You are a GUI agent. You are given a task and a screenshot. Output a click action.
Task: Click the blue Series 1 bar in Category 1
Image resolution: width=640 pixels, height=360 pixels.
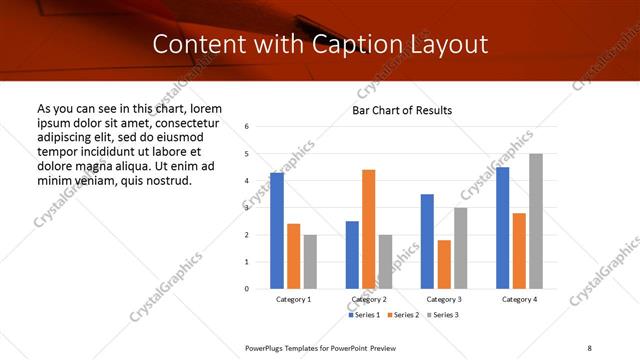[277, 231]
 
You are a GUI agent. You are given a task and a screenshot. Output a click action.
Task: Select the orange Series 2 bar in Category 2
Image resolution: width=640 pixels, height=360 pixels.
[368, 229]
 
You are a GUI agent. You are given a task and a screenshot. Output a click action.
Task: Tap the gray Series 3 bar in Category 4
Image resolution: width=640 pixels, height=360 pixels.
[536, 221]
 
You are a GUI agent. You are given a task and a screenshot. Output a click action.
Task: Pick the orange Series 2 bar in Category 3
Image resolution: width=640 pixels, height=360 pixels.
[444, 264]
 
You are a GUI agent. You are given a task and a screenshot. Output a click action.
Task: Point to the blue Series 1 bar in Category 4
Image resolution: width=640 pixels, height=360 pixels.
[502, 228]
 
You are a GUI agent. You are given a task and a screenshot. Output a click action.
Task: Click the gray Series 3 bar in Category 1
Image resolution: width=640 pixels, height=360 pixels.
[310, 262]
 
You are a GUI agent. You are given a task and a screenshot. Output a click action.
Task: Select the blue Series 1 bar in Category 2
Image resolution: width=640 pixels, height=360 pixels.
[352, 255]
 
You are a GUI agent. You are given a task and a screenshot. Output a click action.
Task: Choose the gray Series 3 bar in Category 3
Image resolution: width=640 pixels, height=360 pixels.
[461, 248]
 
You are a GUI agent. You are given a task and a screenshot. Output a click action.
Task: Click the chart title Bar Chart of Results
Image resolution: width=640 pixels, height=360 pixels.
[402, 110]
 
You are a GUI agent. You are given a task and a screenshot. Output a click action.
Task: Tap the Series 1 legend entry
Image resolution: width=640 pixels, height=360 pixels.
[364, 315]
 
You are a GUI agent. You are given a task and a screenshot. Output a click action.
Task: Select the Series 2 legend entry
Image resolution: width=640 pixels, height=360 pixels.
[403, 315]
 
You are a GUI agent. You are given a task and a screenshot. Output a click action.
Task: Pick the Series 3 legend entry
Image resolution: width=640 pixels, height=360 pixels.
[443, 315]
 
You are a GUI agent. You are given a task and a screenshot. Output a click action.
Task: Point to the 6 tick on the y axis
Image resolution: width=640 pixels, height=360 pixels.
[247, 127]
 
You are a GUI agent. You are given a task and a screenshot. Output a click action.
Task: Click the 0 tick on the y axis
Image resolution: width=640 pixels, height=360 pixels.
[247, 289]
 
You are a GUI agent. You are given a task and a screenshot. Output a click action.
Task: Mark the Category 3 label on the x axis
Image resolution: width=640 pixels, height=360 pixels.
[444, 299]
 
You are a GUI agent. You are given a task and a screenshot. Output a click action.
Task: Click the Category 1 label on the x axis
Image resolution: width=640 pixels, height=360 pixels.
[293, 299]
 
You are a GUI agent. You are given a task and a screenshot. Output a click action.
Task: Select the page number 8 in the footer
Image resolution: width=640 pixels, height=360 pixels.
[588, 346]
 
